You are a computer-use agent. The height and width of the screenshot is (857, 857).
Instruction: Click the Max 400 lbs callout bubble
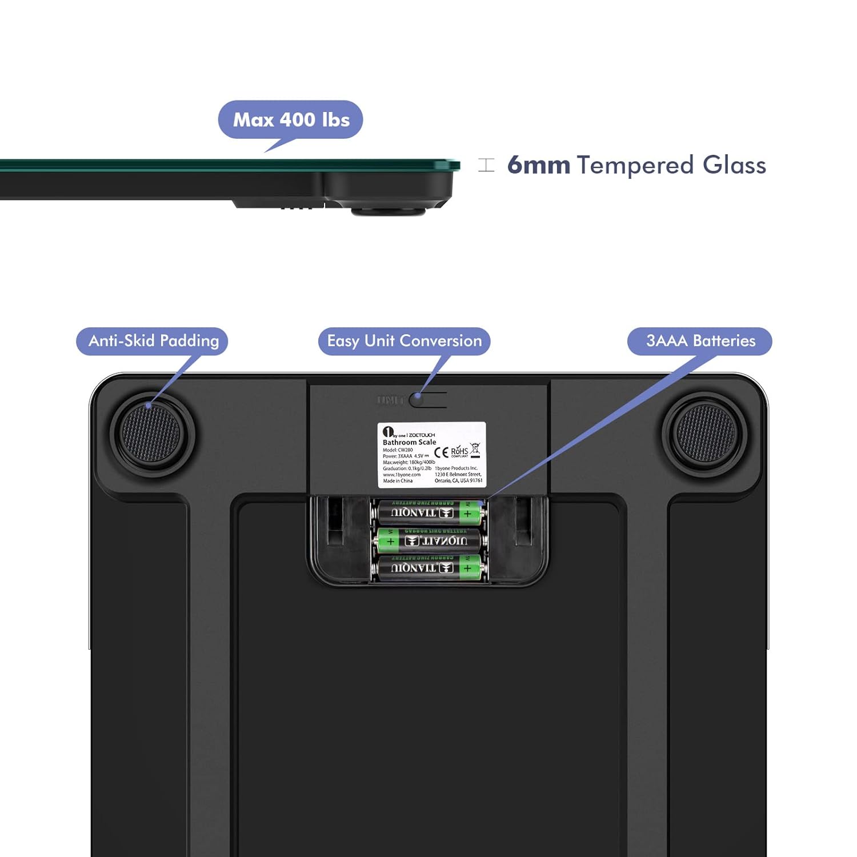291,119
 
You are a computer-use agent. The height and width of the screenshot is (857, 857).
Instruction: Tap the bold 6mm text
539,165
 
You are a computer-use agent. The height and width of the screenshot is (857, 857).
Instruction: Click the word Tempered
635,165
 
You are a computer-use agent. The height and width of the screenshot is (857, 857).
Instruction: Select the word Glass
734,165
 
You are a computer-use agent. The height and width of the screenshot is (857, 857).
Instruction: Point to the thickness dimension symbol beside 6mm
486,165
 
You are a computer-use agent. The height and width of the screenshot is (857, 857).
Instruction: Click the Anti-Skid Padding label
153,341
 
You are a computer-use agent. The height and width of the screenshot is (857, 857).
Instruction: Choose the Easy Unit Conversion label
404,341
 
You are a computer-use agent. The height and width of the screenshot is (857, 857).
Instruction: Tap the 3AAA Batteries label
700,341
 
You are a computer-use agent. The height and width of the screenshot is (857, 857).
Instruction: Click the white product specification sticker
431,455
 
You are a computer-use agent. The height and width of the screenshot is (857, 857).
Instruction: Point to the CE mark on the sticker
441,452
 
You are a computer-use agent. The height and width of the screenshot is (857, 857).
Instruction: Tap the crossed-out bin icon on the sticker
475,450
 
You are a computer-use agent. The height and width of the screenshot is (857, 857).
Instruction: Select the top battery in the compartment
430,512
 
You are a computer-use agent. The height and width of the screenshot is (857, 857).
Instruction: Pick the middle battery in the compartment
430,540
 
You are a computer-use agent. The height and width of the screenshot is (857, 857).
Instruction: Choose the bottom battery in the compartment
430,568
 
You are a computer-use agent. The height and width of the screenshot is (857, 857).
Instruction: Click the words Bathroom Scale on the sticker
409,442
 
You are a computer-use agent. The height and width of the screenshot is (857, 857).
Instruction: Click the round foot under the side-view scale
389,211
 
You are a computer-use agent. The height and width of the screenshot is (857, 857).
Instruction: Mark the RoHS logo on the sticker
459,451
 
